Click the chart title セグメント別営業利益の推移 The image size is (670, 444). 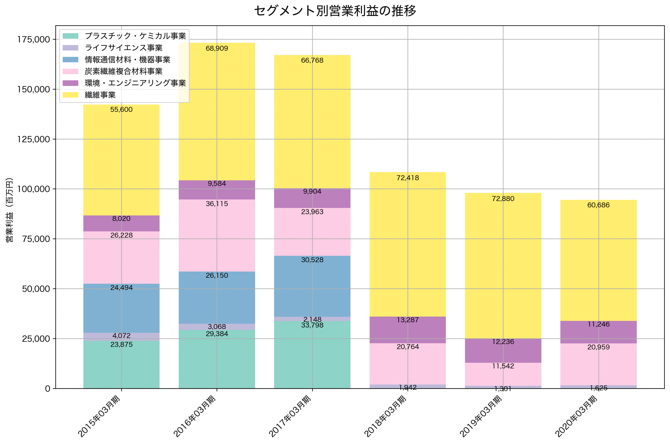coord(335,11)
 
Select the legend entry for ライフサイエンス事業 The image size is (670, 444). coord(124,48)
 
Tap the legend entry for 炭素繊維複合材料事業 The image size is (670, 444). coord(124,71)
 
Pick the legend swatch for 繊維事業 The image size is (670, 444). coord(70,95)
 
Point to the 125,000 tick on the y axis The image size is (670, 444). coord(34,139)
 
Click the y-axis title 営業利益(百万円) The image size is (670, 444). coord(9,210)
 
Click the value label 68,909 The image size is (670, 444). coord(217,48)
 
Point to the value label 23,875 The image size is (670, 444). coord(121,345)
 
